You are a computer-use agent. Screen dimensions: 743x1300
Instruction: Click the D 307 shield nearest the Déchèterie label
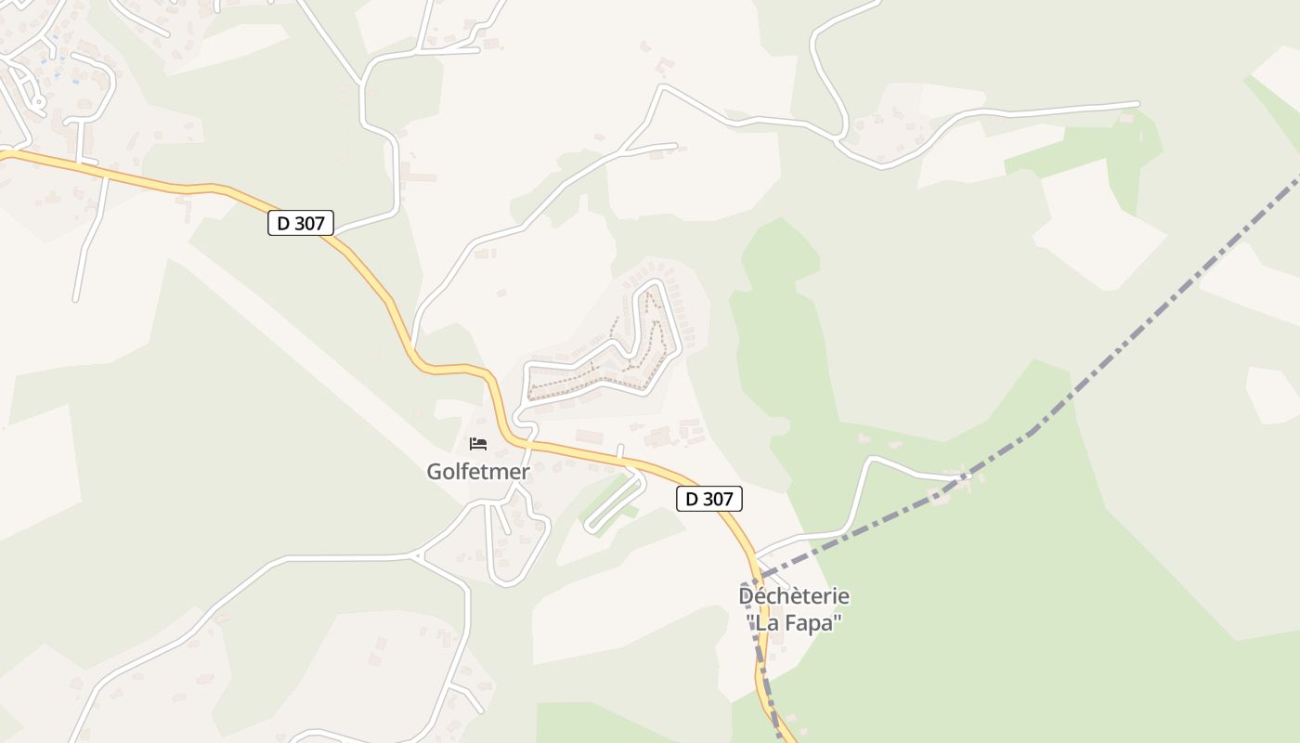[708, 499]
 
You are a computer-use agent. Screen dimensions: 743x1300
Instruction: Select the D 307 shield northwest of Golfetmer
[300, 223]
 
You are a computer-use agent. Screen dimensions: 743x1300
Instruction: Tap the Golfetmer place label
[477, 472]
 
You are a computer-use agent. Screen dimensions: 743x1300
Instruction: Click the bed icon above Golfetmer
[478, 443]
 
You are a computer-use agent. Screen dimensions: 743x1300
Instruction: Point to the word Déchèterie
[794, 595]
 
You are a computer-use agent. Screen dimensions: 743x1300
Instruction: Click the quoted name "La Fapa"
[794, 622]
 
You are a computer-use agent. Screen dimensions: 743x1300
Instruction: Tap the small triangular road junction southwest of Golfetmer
[415, 556]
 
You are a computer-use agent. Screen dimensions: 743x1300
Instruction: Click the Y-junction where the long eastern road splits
[841, 139]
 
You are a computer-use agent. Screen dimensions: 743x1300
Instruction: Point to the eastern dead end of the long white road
[1137, 103]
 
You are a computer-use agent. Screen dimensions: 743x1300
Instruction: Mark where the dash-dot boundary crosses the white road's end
[956, 478]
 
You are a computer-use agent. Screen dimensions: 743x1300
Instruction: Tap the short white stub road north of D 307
[620, 450]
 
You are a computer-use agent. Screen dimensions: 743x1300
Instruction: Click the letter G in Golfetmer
[434, 472]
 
